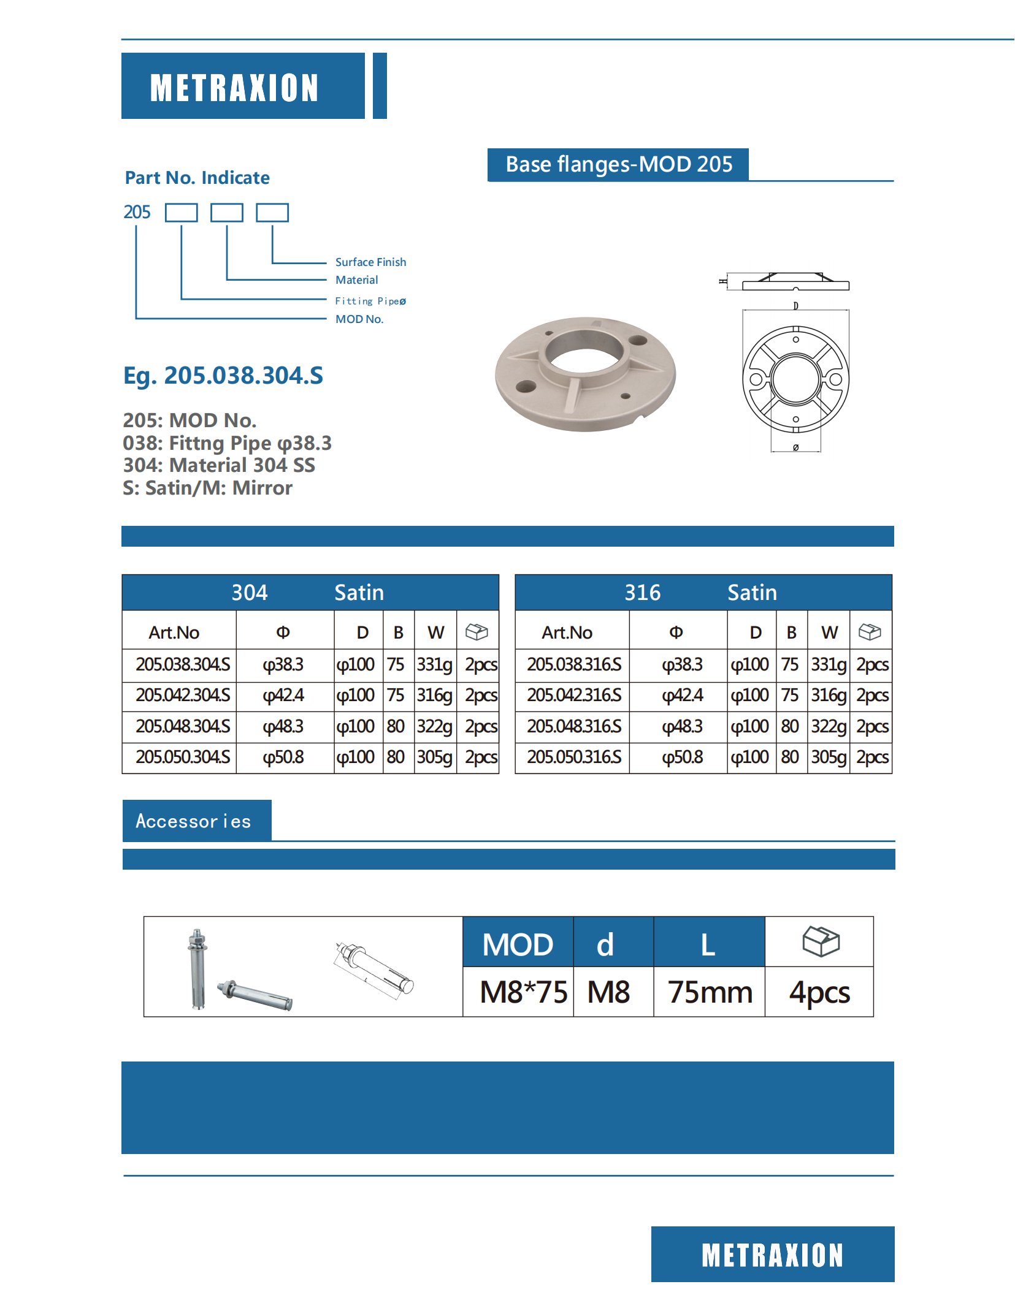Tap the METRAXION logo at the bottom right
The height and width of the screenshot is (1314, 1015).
pyautogui.click(x=772, y=1255)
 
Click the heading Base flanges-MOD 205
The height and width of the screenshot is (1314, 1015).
pyautogui.click(x=618, y=165)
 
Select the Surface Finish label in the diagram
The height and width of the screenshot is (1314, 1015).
pyautogui.click(x=370, y=262)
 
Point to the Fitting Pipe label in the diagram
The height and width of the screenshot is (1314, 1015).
pyautogui.click(x=370, y=301)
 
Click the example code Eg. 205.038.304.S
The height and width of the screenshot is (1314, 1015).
pyautogui.click(x=223, y=375)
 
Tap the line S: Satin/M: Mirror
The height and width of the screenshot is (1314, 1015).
pyautogui.click(x=207, y=488)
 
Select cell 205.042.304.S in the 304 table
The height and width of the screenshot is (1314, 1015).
pyautogui.click(x=183, y=696)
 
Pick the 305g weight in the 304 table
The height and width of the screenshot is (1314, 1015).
pyautogui.click(x=435, y=758)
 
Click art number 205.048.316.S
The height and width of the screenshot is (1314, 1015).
pyautogui.click(x=574, y=726)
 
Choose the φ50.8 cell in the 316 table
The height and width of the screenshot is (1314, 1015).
pyautogui.click(x=682, y=758)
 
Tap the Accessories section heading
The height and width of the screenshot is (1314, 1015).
pyautogui.click(x=194, y=821)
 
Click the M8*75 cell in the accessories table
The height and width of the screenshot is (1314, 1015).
pyautogui.click(x=523, y=992)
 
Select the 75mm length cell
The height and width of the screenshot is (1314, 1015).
pyautogui.click(x=710, y=992)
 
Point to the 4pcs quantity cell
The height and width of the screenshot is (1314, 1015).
pyautogui.click(x=819, y=992)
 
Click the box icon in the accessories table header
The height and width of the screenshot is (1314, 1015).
pyautogui.click(x=821, y=941)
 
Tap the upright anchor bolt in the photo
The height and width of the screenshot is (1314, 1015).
pyautogui.click(x=197, y=968)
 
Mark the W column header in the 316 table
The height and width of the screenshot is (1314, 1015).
pyautogui.click(x=829, y=632)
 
